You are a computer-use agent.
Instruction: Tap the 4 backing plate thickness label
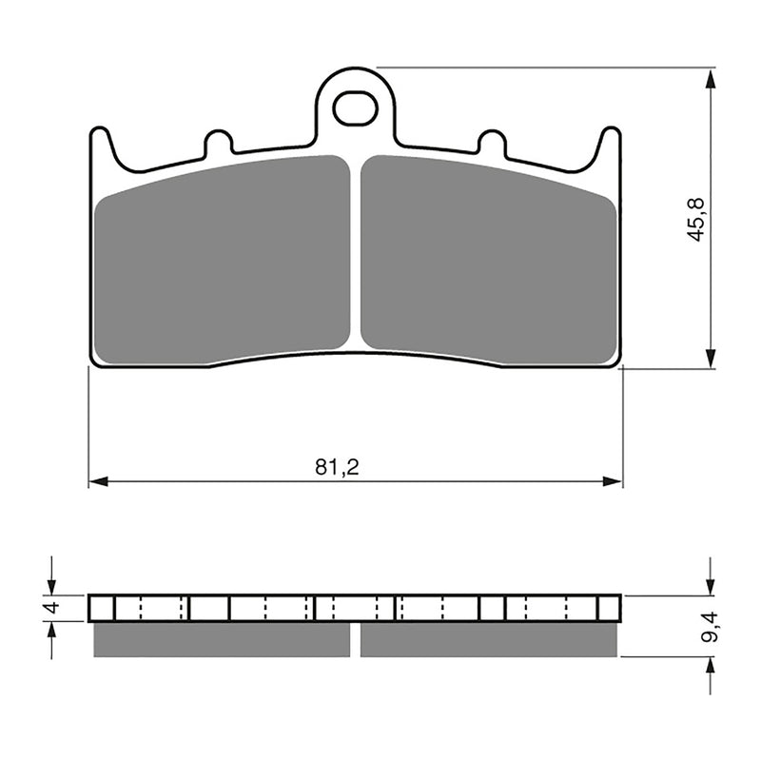pos(52,607)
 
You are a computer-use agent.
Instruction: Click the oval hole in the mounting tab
pos(355,109)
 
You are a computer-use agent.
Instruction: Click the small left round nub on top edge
pos(219,143)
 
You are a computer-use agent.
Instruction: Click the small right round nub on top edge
pos(491,143)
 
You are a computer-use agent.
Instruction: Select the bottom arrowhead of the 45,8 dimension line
pos(710,359)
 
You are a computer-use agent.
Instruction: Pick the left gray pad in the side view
pos(222,639)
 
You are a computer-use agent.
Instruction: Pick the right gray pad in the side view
pos(488,639)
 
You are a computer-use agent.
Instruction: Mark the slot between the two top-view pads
pos(355,252)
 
